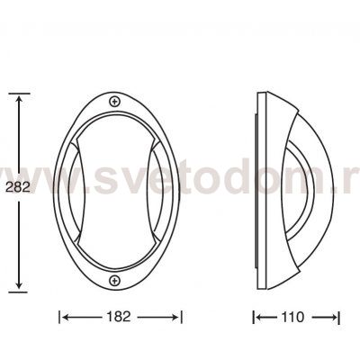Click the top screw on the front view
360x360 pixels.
click(x=114, y=102)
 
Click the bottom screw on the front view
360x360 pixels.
click(x=114, y=281)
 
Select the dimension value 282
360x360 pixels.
click(x=18, y=187)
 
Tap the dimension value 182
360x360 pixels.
click(x=119, y=317)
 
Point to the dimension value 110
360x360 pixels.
click(x=292, y=317)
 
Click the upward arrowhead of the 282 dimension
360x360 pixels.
click(x=19, y=100)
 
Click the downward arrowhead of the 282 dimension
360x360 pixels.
click(x=19, y=284)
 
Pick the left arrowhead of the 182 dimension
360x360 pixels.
click(x=66, y=317)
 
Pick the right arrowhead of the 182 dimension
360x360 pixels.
click(x=175, y=317)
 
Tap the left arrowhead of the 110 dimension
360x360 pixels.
click(x=260, y=317)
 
